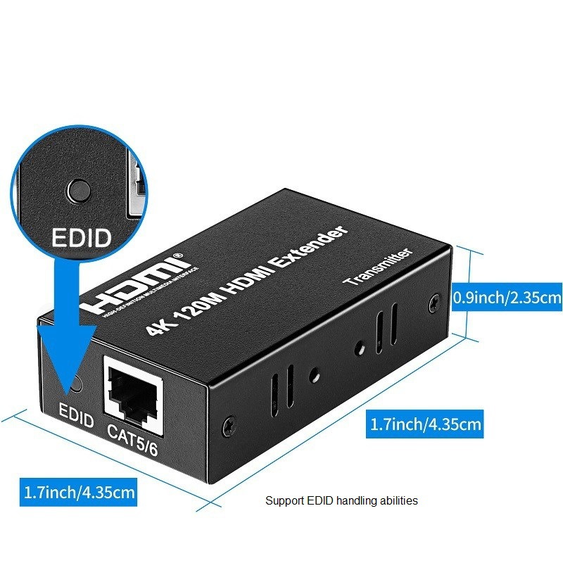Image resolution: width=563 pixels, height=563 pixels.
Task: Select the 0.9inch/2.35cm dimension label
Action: coord(507,298)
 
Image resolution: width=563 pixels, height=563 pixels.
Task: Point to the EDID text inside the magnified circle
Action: coord(81,236)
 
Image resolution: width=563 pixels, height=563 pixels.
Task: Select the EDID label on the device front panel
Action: coord(76,420)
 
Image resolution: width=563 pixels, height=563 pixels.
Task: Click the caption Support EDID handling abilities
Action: coord(341,501)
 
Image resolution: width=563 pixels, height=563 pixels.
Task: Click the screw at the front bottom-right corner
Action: coord(228,425)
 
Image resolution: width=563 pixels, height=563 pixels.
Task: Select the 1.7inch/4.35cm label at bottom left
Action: coord(79,491)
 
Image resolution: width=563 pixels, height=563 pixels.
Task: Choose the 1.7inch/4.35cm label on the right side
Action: coord(426,424)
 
